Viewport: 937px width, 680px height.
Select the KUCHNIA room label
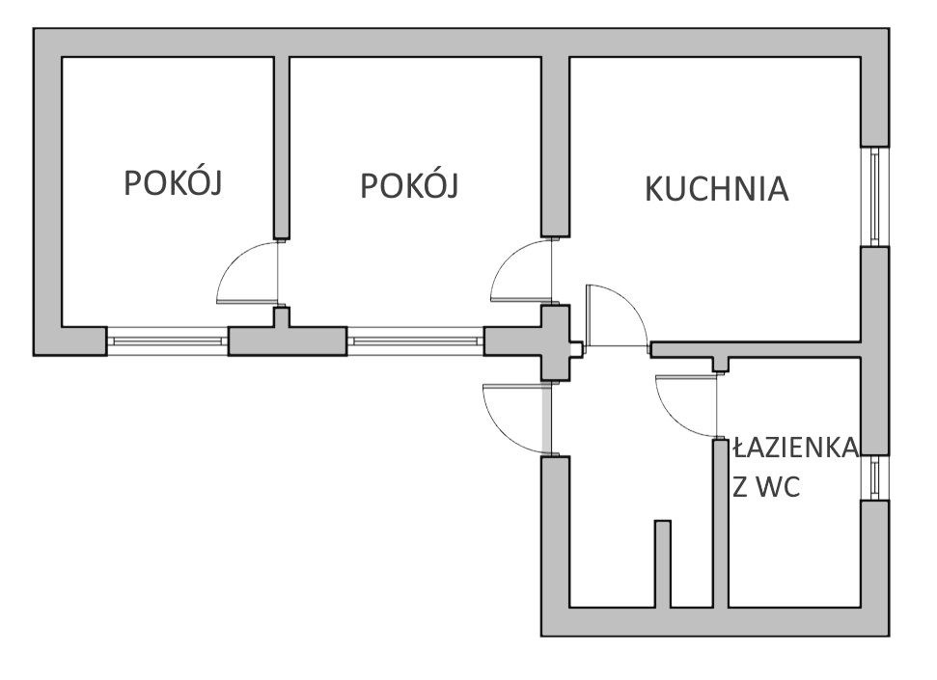tap(716, 189)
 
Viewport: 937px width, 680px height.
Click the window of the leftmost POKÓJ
tap(167, 340)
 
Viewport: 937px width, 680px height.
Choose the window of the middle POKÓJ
tap(415, 340)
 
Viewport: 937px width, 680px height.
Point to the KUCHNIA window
tap(874, 196)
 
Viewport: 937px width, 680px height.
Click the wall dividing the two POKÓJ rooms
tap(282, 145)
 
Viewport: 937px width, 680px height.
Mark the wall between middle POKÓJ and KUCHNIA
tap(554, 145)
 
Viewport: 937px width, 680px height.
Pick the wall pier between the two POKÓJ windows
tap(287, 340)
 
